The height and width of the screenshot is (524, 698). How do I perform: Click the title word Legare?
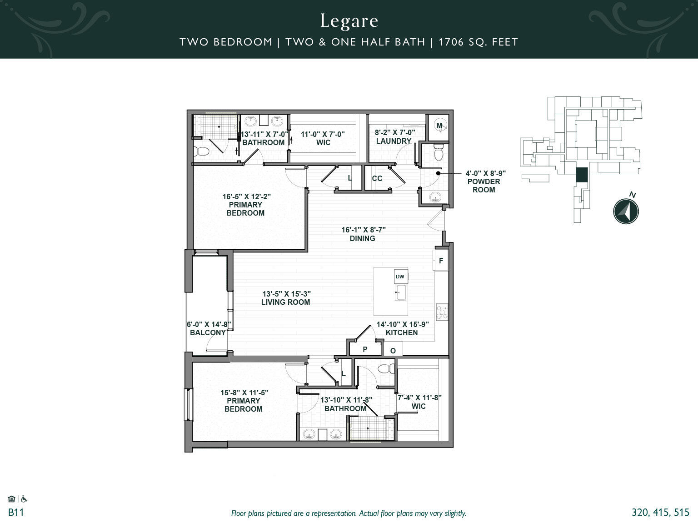click(349, 21)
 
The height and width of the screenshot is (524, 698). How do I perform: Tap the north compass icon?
click(626, 211)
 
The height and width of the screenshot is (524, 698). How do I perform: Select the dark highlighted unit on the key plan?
click(582, 175)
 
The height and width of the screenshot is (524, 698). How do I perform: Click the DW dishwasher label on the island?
click(400, 277)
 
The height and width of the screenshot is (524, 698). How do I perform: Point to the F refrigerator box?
click(441, 261)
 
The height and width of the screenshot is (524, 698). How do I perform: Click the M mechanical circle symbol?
click(439, 125)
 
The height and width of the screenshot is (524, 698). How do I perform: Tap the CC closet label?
click(377, 178)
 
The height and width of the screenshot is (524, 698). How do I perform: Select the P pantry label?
click(365, 349)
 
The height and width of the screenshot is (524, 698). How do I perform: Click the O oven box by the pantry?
click(393, 350)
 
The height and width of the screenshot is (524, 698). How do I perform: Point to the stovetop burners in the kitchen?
click(442, 312)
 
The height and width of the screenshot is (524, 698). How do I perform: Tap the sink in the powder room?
click(435, 197)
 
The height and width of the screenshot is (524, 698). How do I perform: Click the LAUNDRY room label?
click(394, 141)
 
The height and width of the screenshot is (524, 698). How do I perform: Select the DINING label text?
click(362, 238)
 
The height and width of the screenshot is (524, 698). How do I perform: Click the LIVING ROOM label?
click(285, 302)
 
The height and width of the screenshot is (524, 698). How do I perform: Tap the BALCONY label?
click(208, 333)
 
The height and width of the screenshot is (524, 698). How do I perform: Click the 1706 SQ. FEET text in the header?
click(479, 42)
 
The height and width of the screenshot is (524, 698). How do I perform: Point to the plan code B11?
click(16, 513)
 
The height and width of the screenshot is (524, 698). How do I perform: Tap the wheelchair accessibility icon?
click(24, 499)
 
